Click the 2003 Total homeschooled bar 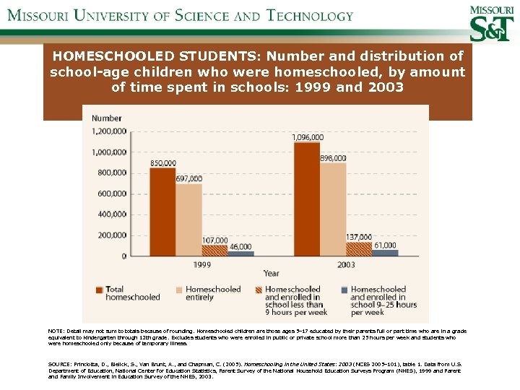(x=307, y=199)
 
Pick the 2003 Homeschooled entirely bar (x=333, y=209)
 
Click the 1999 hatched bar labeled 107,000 (x=214, y=250)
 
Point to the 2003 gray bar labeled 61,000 (x=385, y=253)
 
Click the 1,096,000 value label (x=307, y=137)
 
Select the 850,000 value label (x=162, y=163)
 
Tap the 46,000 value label (x=240, y=247)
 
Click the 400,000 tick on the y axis (x=113, y=214)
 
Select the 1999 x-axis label (x=202, y=264)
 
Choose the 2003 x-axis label (x=345, y=264)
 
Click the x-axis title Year (x=271, y=274)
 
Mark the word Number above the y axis (x=107, y=118)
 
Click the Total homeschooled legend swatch (x=99, y=290)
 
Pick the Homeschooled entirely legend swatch (x=179, y=290)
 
